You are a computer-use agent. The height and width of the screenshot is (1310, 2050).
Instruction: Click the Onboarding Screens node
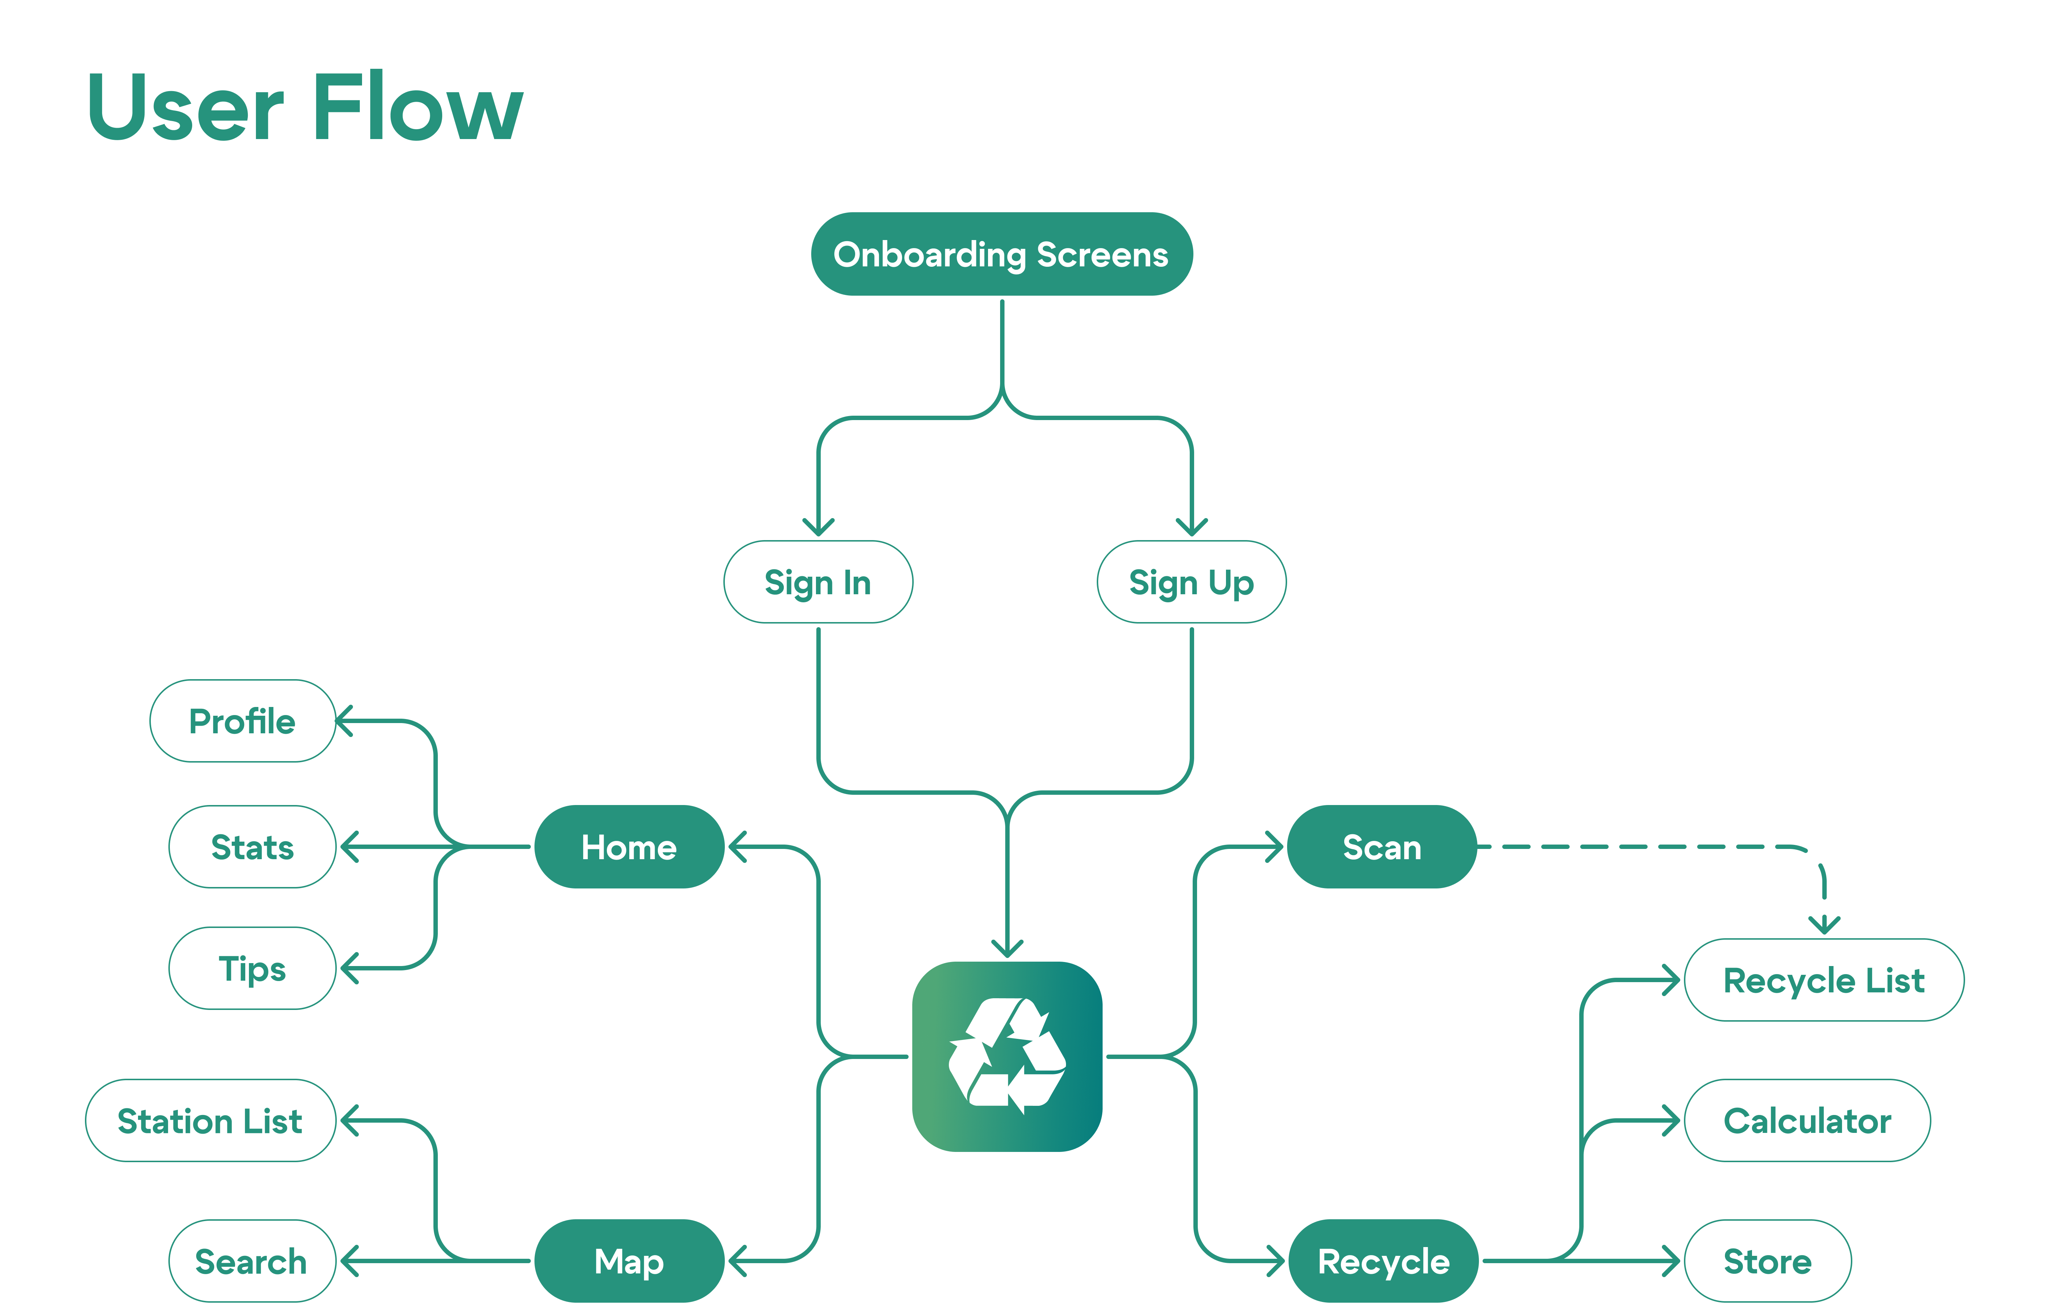[x=1001, y=255]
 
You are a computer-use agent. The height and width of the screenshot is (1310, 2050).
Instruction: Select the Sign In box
[x=817, y=582]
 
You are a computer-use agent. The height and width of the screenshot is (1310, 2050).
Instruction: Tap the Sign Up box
[x=1191, y=582]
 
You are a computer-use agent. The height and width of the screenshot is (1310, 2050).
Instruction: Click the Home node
[x=629, y=847]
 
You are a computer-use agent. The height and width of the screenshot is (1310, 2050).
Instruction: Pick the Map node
[x=629, y=1261]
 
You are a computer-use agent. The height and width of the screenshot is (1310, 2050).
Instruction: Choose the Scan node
[x=1382, y=847]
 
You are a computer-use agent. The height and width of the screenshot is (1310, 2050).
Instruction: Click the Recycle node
[x=1383, y=1261]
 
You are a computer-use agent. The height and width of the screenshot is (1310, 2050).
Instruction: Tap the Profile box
[x=243, y=721]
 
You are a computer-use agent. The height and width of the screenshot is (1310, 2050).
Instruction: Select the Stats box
[x=253, y=847]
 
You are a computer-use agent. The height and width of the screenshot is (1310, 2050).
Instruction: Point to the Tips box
[x=253, y=969]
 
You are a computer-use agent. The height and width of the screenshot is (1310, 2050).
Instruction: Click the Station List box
[x=210, y=1121]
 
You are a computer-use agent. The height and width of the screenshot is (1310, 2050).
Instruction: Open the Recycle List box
[x=1823, y=981]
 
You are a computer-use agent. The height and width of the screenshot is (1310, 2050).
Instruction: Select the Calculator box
[x=1807, y=1121]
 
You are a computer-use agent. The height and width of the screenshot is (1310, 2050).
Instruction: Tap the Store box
[x=1767, y=1261]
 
